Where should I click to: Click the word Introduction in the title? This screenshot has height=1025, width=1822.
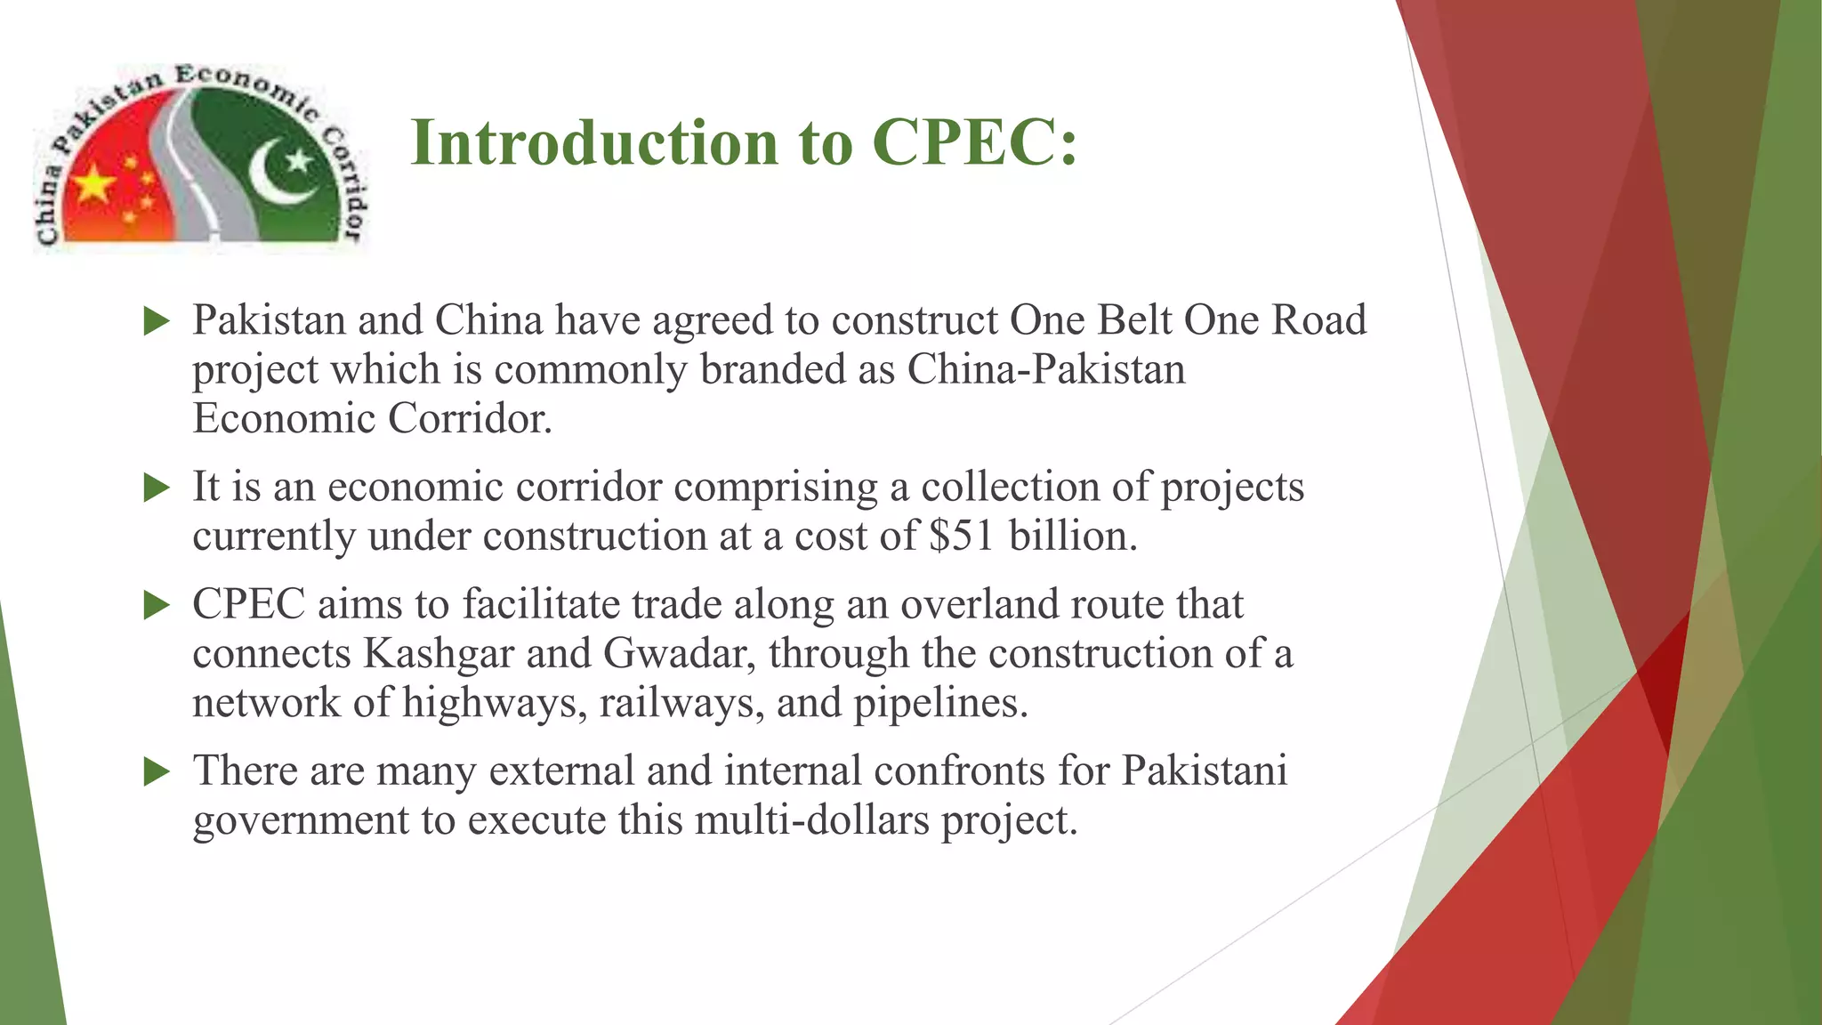594,142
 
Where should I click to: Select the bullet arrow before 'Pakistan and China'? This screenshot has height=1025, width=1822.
157,322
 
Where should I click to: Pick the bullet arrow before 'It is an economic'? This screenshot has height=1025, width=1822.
157,488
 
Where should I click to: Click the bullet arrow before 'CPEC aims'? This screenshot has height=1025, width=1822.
157,606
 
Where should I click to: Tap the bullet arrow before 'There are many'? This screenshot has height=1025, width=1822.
157,771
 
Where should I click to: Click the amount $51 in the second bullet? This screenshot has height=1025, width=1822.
961,537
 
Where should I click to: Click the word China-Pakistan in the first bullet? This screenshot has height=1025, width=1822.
1046,370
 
